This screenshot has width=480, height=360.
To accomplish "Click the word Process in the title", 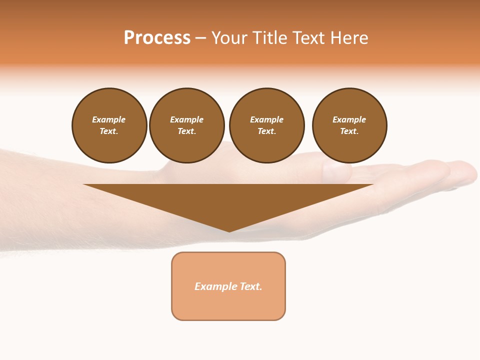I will (x=157, y=38).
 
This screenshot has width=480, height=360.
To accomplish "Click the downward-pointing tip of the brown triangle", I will (x=229, y=230).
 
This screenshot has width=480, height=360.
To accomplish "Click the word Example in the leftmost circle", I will (x=109, y=119).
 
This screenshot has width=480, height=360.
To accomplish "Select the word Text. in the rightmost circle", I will (x=349, y=131).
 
